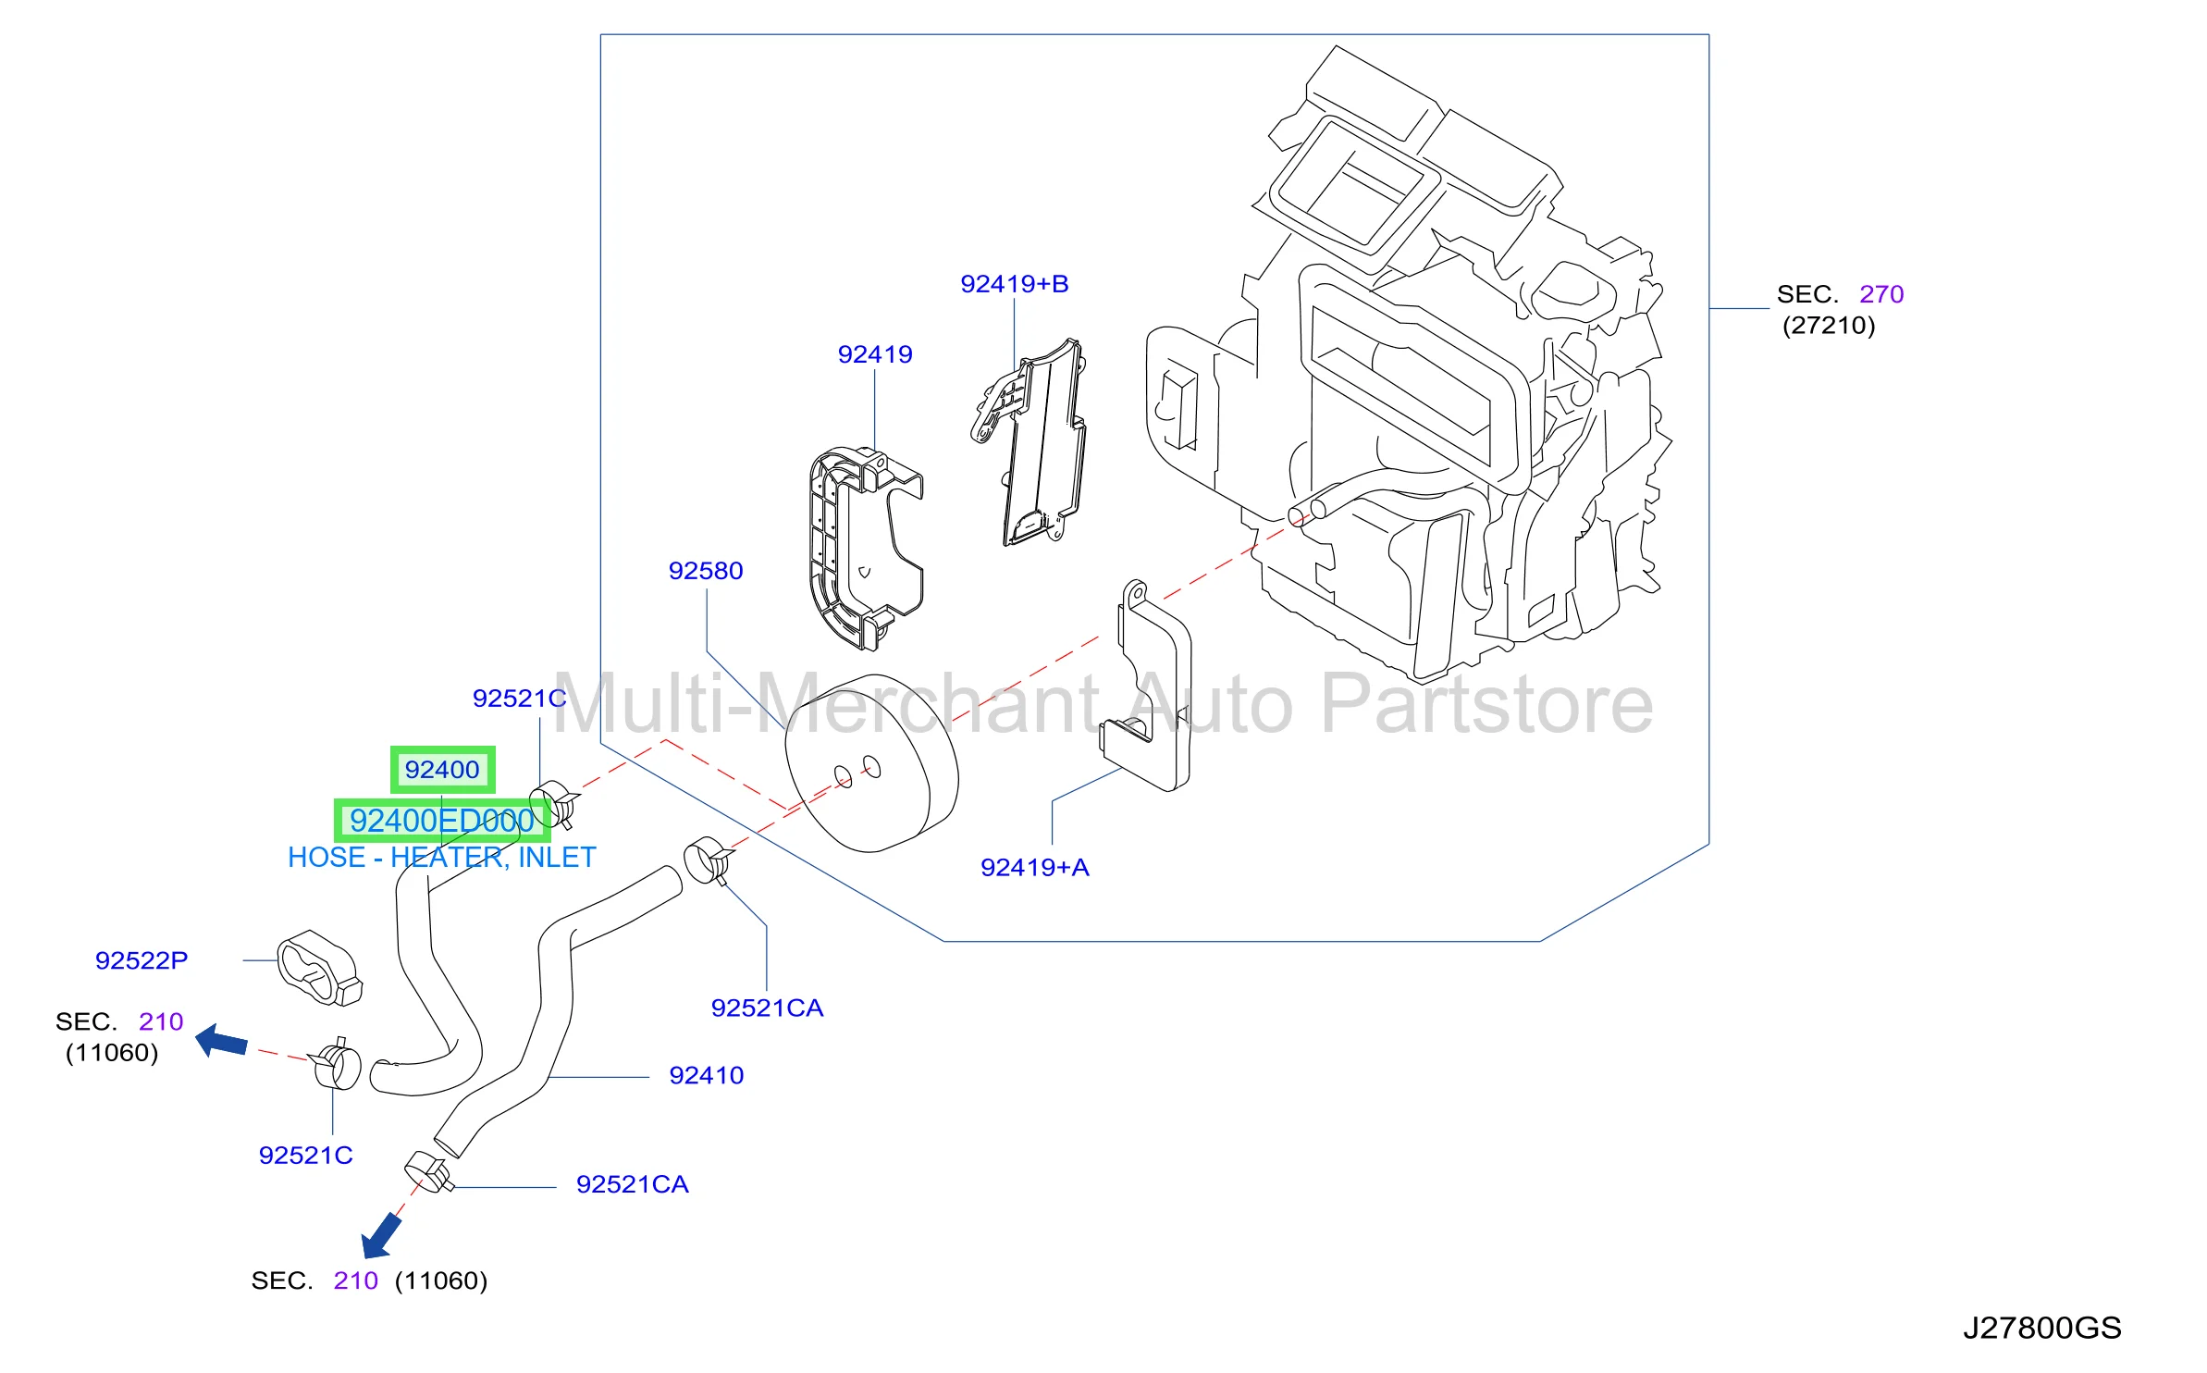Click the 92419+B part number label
[x=1014, y=284]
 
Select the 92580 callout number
[x=706, y=571]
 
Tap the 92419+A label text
[x=1034, y=868]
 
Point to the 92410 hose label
[x=706, y=1075]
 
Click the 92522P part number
[x=142, y=960]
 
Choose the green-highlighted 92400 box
[x=442, y=770]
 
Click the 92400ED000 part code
[x=442, y=821]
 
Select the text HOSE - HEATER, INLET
[x=442, y=858]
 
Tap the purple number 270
[x=1881, y=294]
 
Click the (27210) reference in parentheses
[x=1829, y=326]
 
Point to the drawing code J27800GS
[x=2042, y=1329]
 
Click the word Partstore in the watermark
[x=1486, y=705]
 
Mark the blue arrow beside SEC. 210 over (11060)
[x=222, y=1041]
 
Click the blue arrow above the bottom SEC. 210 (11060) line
[x=381, y=1237]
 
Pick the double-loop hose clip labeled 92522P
[x=319, y=969]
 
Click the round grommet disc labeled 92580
[x=871, y=763]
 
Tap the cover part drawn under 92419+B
[x=1031, y=443]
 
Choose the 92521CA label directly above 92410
[x=767, y=1008]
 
